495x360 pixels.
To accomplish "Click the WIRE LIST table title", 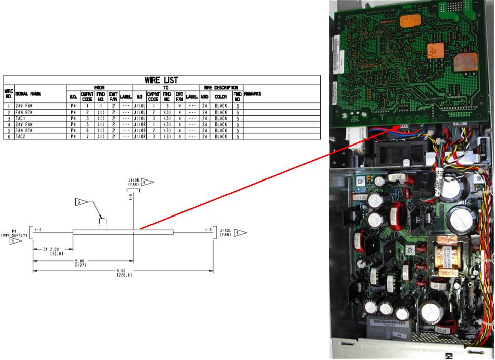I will tap(161, 80).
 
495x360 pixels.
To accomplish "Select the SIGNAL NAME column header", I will tap(28, 94).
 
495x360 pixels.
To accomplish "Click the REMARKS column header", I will tap(254, 94).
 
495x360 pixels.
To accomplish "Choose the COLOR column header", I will tap(221, 96).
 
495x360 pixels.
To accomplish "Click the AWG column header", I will tap(204, 96).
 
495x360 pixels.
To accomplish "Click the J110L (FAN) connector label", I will tap(225, 232).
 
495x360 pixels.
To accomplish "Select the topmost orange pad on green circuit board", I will tap(406, 21).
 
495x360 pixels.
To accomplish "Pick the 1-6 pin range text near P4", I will tap(38, 230).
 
